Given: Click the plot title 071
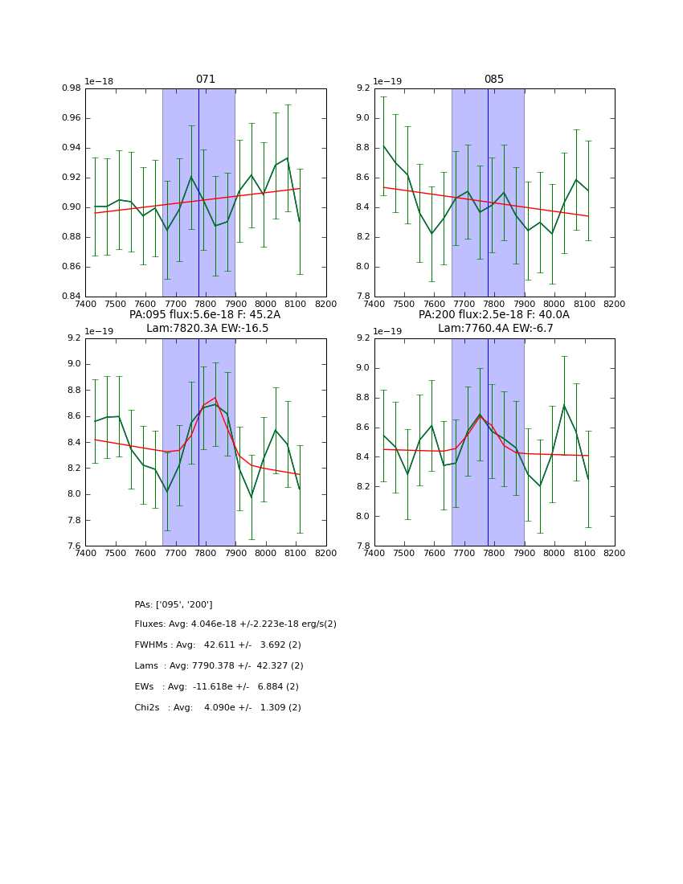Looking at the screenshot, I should pos(206,80).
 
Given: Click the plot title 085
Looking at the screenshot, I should pos(494,80).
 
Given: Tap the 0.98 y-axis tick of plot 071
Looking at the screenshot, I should pos(72,88).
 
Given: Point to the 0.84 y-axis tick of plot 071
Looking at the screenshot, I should pos(72,297).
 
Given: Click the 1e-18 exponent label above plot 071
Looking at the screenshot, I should pos(99,82).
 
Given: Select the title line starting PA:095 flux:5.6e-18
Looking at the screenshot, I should pos(205,315).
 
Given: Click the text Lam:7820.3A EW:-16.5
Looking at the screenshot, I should pos(207,329).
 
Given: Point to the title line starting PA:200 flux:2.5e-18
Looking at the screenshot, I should pos(494,315).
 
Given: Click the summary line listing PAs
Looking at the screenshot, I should pos(174,604).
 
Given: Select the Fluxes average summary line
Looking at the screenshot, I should pos(235,624).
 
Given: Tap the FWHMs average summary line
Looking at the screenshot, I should pos(218,645).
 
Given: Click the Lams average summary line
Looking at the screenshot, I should pos(219,666).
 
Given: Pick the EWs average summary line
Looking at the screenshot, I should pos(216,687).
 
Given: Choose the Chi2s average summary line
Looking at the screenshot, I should pos(218,708).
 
